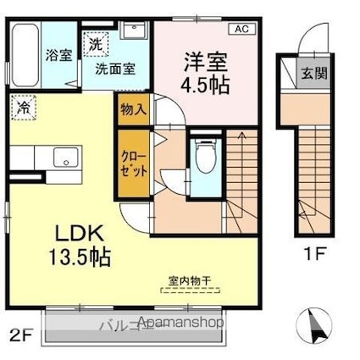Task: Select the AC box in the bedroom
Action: (x=241, y=29)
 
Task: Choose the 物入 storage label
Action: (x=134, y=108)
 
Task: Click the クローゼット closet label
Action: (x=134, y=162)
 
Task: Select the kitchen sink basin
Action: (x=63, y=158)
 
